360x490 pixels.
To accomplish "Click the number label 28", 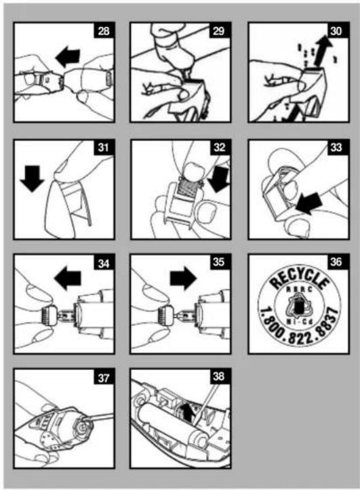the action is click(x=104, y=31).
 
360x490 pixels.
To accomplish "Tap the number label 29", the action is click(x=219, y=31).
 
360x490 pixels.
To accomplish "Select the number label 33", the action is click(x=337, y=147).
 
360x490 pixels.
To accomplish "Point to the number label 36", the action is click(x=337, y=262).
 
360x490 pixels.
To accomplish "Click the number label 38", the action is click(x=219, y=376).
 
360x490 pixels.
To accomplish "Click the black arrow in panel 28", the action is click(x=68, y=58).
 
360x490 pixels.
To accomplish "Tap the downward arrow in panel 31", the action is click(x=32, y=179).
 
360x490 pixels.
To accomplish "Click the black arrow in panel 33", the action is click(x=309, y=203).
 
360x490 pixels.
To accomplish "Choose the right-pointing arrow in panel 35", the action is click(x=184, y=277).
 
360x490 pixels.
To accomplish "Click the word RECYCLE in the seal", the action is click(x=300, y=279).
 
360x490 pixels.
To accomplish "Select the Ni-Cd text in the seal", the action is click(x=299, y=322).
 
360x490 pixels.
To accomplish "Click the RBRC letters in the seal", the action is click(x=299, y=289).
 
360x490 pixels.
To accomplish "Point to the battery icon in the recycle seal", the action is click(x=299, y=306).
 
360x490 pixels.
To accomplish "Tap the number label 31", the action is click(x=104, y=147).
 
